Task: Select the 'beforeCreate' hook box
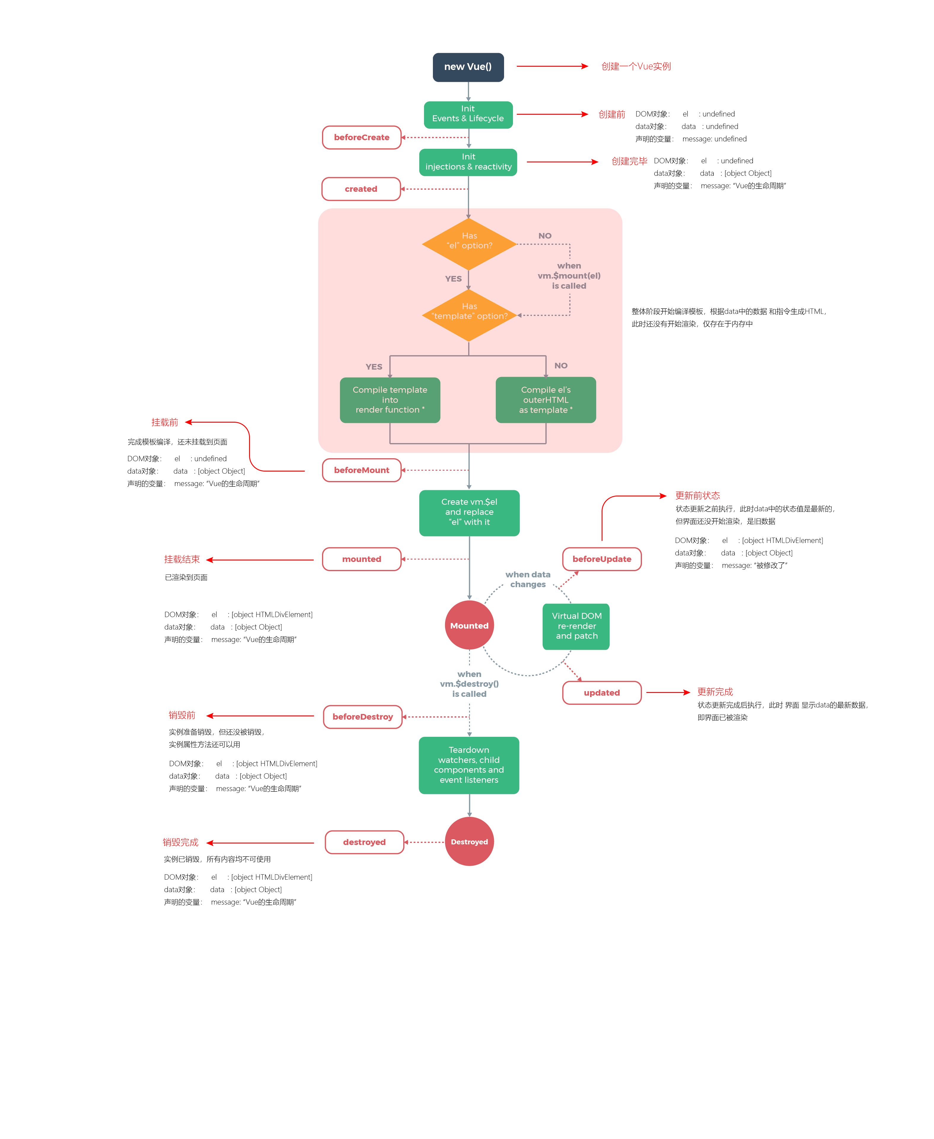(361, 138)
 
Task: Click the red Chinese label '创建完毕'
(629, 161)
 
